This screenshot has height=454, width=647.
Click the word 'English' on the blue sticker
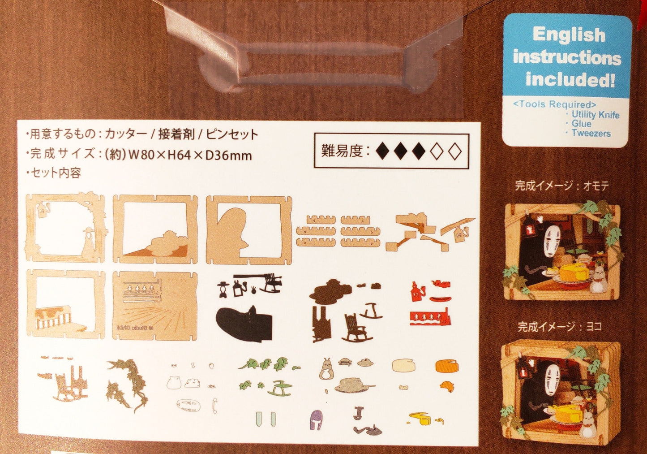569,35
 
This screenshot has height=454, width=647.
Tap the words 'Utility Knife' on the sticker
595,114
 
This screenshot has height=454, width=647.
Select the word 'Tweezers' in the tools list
591,133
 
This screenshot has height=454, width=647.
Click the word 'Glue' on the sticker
581,124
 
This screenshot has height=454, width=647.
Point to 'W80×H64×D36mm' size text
190,155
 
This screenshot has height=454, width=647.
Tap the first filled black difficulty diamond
383,151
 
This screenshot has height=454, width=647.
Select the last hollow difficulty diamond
454,151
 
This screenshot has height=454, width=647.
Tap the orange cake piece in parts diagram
446,366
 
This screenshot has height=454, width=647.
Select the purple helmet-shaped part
316,420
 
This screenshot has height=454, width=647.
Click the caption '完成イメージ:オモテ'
561,186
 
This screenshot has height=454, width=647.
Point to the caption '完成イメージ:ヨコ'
559,327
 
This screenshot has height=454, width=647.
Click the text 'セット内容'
56,173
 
